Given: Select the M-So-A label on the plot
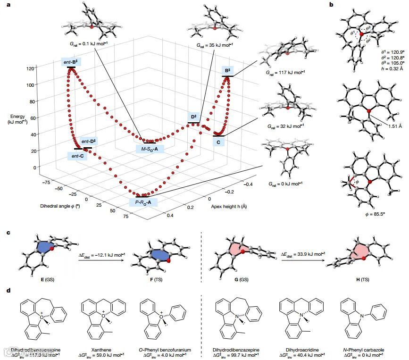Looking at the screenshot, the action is click(x=150, y=149).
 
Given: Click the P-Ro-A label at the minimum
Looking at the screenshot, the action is click(x=143, y=203).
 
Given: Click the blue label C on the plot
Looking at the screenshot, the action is click(x=218, y=142).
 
